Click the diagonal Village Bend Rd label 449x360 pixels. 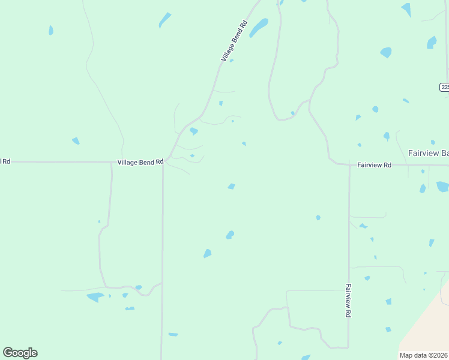[x=234, y=41]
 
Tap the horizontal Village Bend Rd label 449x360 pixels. [x=140, y=162]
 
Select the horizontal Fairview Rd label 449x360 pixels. [x=374, y=164]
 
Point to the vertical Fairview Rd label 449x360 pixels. [x=348, y=301]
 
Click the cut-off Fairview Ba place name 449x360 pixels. [x=428, y=153]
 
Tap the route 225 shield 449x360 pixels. [x=444, y=87]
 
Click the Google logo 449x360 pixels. [x=20, y=353]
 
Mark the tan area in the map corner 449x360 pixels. [x=429, y=327]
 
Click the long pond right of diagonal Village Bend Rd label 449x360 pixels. [x=259, y=27]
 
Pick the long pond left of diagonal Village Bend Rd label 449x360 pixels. [x=164, y=20]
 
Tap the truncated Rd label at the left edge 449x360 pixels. [x=5, y=161]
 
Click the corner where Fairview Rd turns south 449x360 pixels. [x=349, y=165]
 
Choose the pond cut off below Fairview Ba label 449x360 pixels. [x=442, y=187]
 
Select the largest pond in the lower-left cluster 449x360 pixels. [x=95, y=297]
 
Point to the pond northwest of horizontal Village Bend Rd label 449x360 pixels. [x=76, y=141]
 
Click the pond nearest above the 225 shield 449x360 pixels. [x=432, y=43]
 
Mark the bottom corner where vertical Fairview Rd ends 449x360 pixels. [x=348, y=347]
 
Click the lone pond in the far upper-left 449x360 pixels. [x=51, y=30]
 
